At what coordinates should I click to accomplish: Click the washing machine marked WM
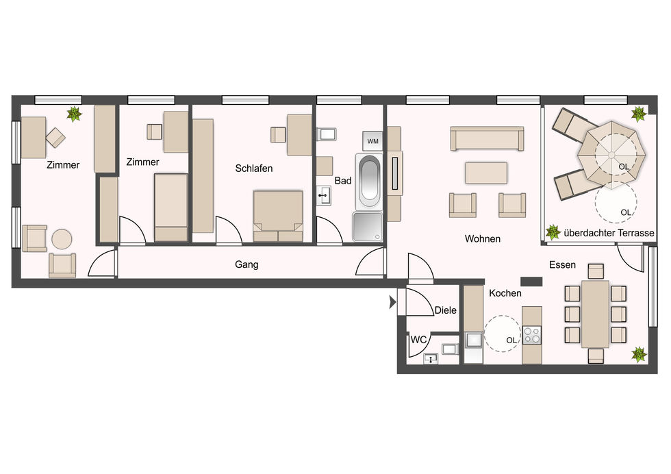point(372,141)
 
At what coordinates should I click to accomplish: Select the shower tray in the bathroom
point(367,227)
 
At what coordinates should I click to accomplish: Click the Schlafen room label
point(254,169)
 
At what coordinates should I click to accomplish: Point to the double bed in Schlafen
point(278,216)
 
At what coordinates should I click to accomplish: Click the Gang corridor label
point(246,264)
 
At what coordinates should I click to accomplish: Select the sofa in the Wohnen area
point(487,138)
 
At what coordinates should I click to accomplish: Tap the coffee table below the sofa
point(486,173)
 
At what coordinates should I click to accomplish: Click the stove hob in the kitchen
point(532,335)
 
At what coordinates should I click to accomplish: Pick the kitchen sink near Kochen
point(474,340)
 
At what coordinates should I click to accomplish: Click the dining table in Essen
point(595,314)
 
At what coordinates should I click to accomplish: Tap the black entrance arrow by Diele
point(392,302)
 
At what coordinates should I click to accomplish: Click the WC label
point(418,340)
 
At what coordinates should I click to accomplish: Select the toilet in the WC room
point(450,349)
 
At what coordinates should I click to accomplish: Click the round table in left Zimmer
point(62,239)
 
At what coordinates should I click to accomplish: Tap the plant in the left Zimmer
point(74,114)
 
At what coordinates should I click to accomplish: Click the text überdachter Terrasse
point(609,233)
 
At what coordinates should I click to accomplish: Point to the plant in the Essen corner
point(639,355)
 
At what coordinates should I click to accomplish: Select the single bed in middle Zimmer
point(170,208)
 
